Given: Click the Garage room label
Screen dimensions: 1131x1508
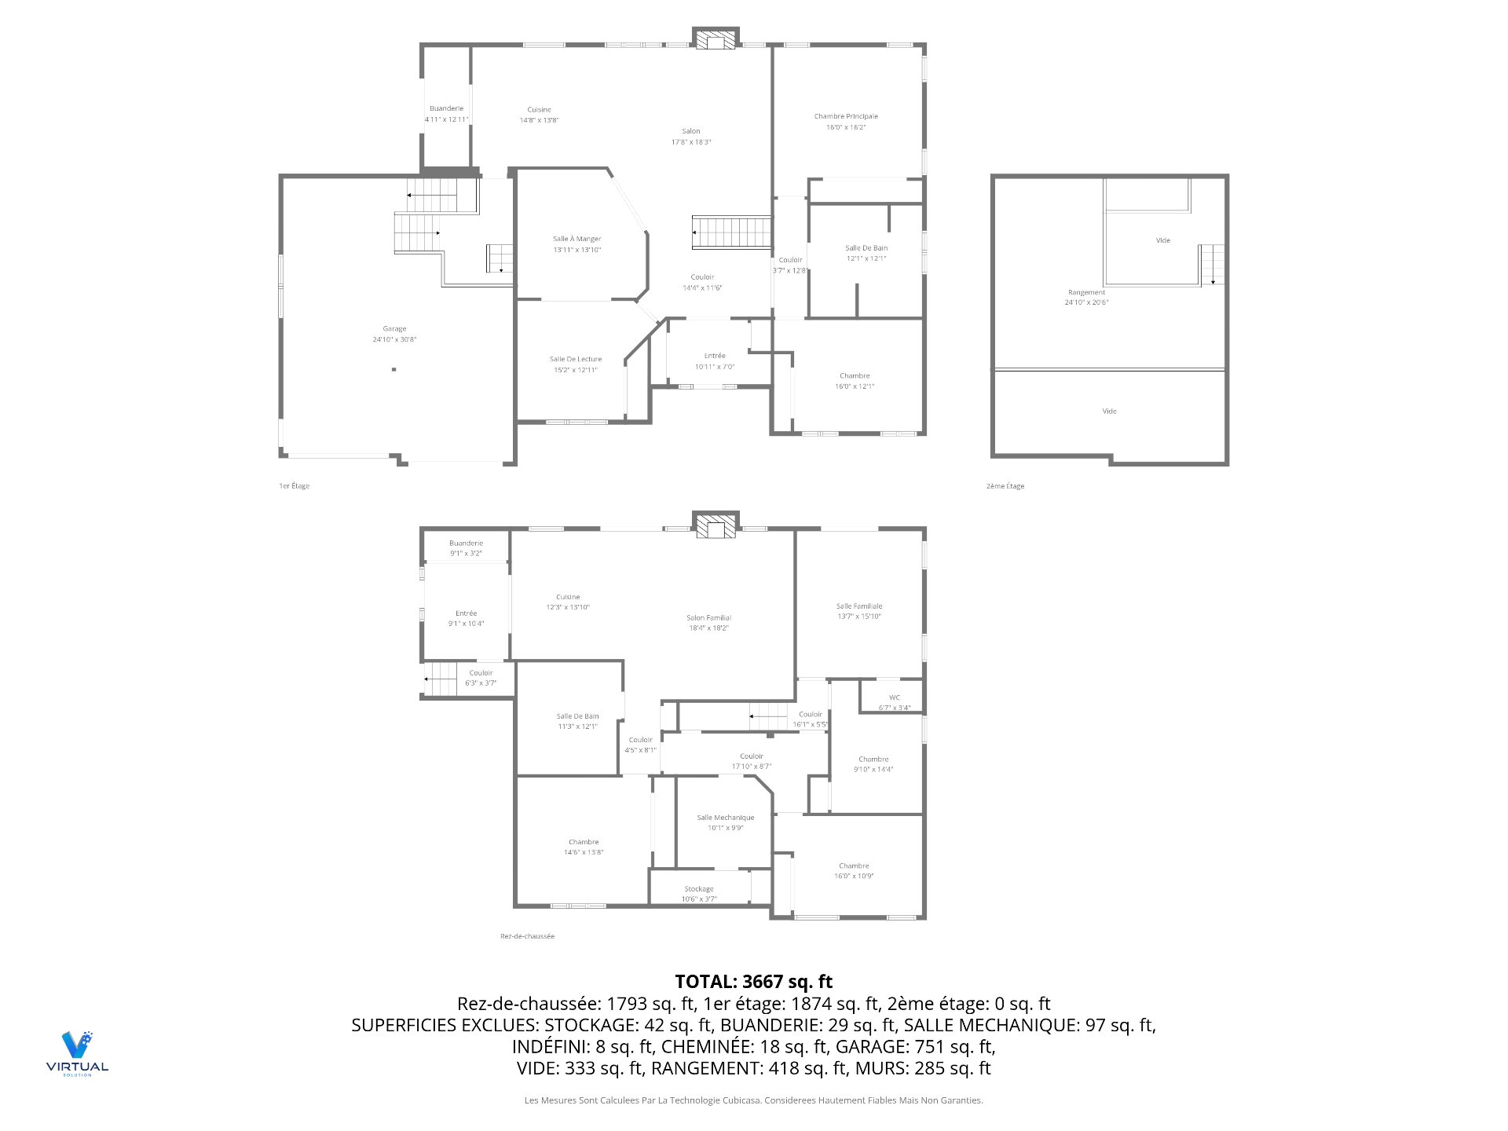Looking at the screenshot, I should pos(394,334).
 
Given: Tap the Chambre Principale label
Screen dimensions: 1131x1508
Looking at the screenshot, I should pos(846,121).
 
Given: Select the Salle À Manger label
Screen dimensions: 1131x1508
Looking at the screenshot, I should pos(576,243).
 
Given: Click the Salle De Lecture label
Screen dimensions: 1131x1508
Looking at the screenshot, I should pos(575,364).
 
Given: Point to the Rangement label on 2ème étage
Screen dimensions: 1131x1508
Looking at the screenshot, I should pos(1086,297).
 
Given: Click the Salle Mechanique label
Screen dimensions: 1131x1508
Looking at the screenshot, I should pos(725,822).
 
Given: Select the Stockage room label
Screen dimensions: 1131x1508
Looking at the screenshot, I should pos(698,894).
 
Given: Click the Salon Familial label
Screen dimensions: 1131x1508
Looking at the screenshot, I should pos(708,622).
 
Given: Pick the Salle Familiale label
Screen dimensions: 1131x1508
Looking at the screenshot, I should pos(858,611).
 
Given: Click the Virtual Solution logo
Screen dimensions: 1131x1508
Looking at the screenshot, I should pos(77,1052).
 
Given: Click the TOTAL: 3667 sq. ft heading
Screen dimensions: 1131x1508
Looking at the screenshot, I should pos(753,981).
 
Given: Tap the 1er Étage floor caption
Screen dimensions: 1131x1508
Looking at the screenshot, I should pos(295,486).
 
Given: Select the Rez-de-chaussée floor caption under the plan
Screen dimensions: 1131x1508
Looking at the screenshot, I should pos(527,936).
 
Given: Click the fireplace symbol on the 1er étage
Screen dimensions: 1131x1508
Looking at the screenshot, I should pos(716,39).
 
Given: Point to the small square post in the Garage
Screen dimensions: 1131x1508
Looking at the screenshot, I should pos(394,369).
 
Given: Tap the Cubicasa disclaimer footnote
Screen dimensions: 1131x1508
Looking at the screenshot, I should pos(753,1100).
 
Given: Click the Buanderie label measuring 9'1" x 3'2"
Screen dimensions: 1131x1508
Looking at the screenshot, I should pos(466,547).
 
